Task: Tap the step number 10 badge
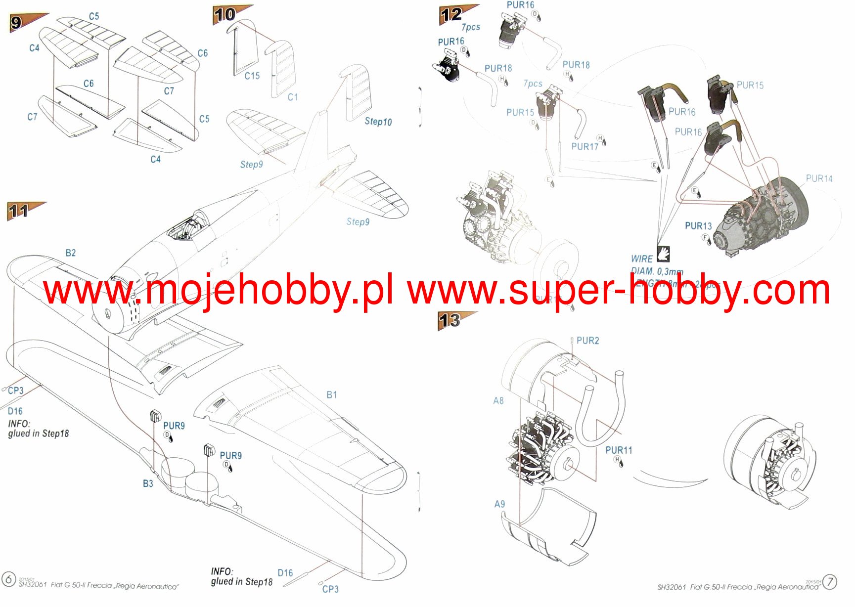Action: (224, 15)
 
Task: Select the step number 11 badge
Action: (18, 212)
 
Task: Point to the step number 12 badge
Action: (451, 15)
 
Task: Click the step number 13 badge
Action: (450, 320)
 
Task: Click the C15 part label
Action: (252, 76)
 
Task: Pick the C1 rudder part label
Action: (293, 97)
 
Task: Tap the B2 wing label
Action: (71, 253)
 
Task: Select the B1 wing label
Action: (331, 394)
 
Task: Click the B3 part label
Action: (148, 483)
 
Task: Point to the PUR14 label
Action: (819, 178)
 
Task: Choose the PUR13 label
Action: (698, 226)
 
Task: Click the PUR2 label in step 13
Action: (587, 341)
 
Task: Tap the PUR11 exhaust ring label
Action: (619, 450)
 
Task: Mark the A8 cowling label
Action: (498, 400)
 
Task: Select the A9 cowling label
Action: (499, 504)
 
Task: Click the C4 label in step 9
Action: (34, 48)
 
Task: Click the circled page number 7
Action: (830, 582)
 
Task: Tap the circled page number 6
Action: (8, 578)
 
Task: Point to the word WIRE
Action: (641, 259)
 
